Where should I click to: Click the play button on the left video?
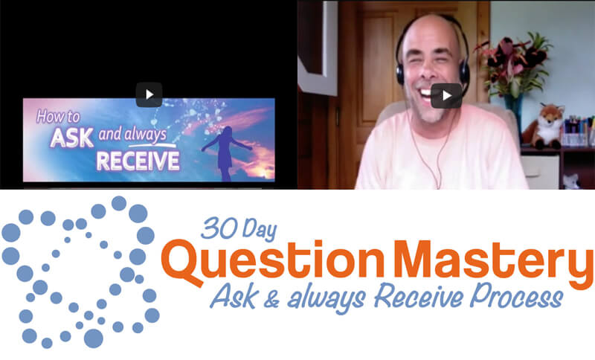click(x=149, y=94)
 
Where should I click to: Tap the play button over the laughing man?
click(x=446, y=96)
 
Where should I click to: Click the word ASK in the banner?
click(x=72, y=138)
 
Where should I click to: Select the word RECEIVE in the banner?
click(x=138, y=161)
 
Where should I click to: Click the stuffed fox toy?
click(x=544, y=126)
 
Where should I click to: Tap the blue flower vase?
click(x=515, y=109)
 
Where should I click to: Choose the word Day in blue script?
click(x=260, y=230)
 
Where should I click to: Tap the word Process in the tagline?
click(x=516, y=296)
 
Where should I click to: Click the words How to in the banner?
click(x=58, y=117)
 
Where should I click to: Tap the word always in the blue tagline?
click(x=327, y=298)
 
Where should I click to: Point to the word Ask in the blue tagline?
click(x=234, y=296)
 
